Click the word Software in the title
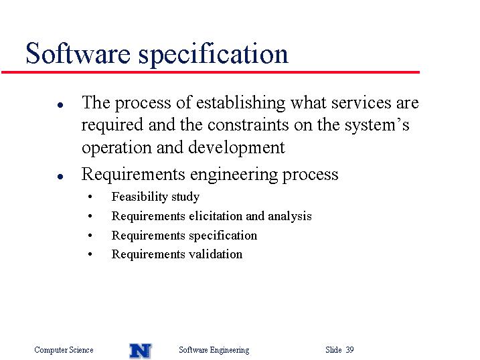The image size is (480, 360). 78,54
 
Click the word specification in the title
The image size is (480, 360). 214,54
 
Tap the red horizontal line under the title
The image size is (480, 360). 210,72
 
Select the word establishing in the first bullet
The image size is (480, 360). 240,103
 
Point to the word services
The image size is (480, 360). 362,103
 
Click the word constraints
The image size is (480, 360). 248,125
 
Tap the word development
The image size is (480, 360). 236,147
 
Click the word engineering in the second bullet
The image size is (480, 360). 234,175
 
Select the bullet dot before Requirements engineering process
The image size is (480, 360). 60,177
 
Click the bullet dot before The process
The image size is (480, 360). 60,105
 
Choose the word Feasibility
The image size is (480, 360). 139,197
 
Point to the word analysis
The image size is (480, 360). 290,217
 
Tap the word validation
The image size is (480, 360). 216,254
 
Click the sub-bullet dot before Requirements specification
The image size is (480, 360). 90,236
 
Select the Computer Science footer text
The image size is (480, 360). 64,350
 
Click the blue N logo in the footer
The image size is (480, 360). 141,351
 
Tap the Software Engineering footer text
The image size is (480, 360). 214,350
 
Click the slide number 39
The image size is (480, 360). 349,349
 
